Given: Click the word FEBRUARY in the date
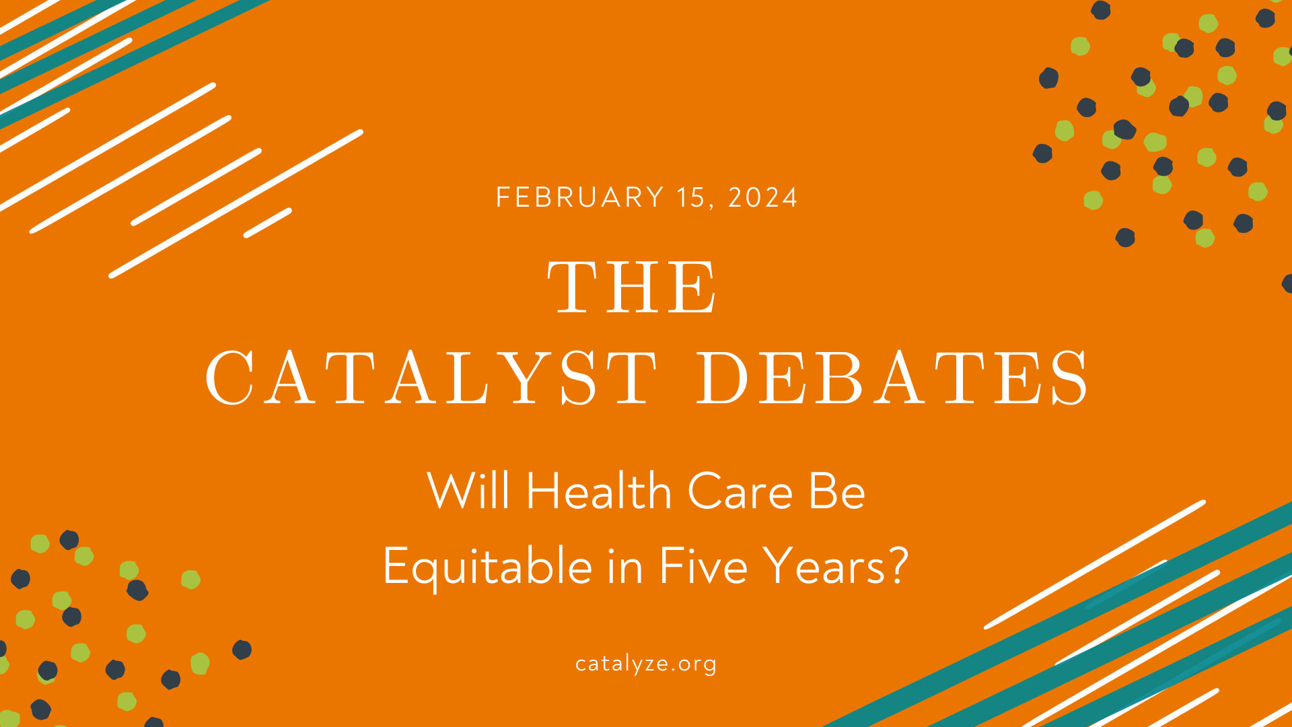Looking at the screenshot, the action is (x=580, y=197).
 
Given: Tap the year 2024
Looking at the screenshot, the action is (x=763, y=197).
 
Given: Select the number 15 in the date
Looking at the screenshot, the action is (x=690, y=197).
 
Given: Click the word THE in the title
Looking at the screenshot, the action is (x=633, y=287).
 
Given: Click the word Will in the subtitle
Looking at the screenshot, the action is (x=468, y=490).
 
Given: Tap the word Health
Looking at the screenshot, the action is (x=599, y=490).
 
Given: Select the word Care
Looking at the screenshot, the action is (x=740, y=491).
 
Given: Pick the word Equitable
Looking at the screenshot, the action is (x=487, y=567).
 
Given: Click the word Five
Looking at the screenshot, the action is (x=703, y=565).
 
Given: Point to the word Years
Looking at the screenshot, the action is (x=827, y=565).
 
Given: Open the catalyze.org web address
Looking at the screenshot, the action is (x=646, y=664).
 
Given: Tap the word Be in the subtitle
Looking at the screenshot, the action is (x=837, y=491).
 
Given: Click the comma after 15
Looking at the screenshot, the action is (x=711, y=205).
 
